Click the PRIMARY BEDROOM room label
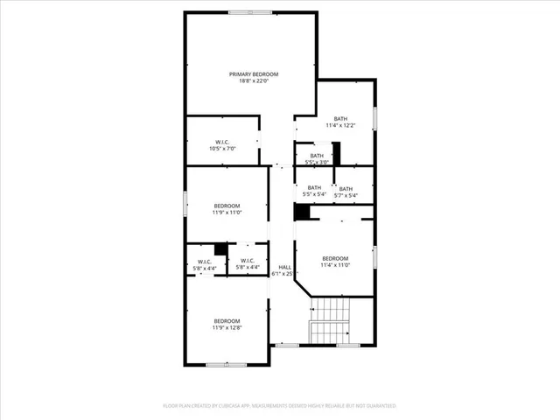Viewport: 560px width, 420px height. pyautogui.click(x=253, y=74)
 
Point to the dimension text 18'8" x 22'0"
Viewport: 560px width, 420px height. pyautogui.click(x=253, y=81)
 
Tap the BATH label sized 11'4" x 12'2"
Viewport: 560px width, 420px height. pyautogui.click(x=340, y=119)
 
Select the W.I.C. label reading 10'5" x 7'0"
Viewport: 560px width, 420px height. pyautogui.click(x=222, y=142)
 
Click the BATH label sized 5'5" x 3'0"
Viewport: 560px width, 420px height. pyautogui.click(x=317, y=156)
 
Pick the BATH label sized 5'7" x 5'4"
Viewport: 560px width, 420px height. pyautogui.click(x=346, y=189)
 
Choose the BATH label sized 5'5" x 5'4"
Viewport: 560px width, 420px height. pyautogui.click(x=314, y=187)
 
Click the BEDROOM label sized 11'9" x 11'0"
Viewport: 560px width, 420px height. pyautogui.click(x=226, y=206)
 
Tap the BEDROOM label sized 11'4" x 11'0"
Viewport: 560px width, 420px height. pyautogui.click(x=335, y=258)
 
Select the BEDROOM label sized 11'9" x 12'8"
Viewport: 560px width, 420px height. pyautogui.click(x=226, y=321)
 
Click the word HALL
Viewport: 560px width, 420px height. pyautogui.click(x=284, y=267)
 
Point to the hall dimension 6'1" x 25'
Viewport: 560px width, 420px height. pyautogui.click(x=284, y=274)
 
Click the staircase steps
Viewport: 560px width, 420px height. pyautogui.click(x=331, y=319)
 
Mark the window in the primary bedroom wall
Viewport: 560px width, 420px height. pyautogui.click(x=249, y=12)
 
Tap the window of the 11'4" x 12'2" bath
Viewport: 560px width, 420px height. pyautogui.click(x=374, y=117)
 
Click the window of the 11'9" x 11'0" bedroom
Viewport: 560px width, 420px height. pyautogui.click(x=185, y=200)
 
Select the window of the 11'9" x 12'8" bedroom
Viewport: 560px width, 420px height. pyautogui.click(x=219, y=364)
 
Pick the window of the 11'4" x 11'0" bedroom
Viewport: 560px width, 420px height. pyautogui.click(x=374, y=257)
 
